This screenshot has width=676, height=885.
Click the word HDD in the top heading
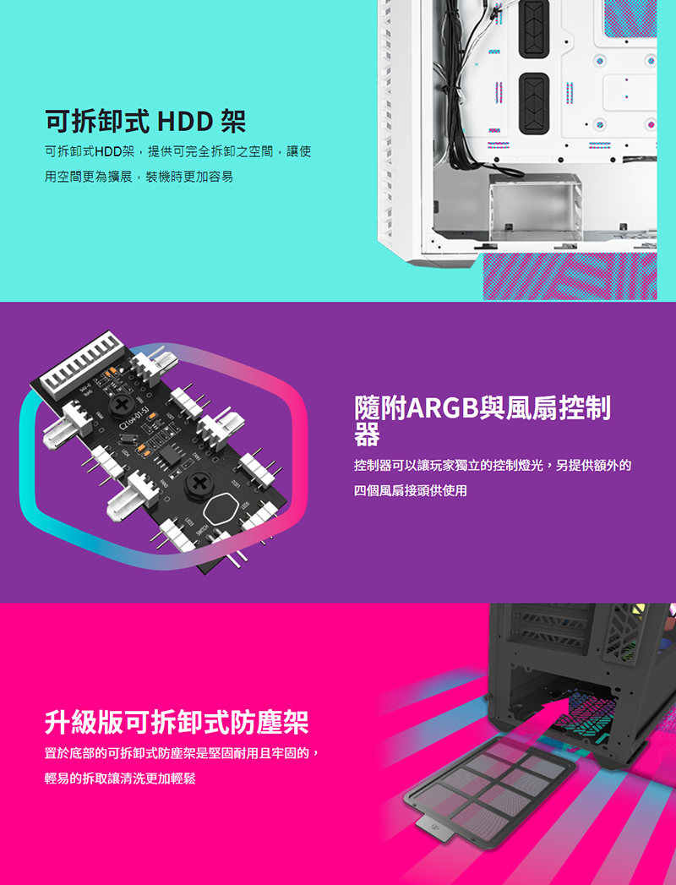[185, 121]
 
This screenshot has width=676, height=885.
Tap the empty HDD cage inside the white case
[535, 207]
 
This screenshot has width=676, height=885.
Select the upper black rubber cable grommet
[533, 29]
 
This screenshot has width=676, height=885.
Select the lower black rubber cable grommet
[533, 104]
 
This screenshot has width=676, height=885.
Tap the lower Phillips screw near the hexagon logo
[199, 482]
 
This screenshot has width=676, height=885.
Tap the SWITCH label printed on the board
[201, 532]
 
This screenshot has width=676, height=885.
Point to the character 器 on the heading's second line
[368, 434]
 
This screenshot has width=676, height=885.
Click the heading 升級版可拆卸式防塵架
[177, 723]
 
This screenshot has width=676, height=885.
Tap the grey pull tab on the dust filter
[434, 828]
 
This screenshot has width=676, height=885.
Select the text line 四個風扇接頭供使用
[410, 490]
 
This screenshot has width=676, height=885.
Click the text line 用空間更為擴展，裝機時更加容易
[139, 177]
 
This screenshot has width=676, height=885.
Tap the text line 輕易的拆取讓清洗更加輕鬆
[120, 778]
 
